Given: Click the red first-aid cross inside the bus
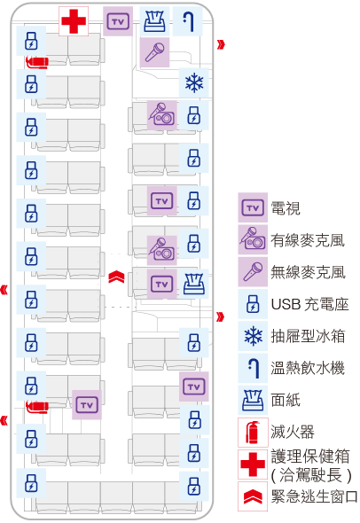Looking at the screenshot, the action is point(74,21).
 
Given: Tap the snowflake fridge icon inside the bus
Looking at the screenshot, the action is point(194,82).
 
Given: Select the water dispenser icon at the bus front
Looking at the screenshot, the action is point(188,21).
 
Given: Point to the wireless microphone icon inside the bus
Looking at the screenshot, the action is point(154,52).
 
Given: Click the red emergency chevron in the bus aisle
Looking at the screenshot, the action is point(116,277).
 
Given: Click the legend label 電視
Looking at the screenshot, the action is point(286,208).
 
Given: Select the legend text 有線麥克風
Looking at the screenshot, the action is point(308,240).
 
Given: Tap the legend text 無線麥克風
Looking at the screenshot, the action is point(308,272).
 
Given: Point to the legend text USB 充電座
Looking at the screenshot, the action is point(310,304).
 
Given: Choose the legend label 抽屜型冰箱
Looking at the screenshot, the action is point(308,336).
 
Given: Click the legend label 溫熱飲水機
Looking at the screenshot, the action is point(308,368).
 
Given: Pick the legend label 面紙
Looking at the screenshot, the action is point(286,400).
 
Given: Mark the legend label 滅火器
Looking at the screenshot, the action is point(293,432).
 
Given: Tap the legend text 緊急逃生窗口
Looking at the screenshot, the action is point(314,496).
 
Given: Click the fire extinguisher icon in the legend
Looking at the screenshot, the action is point(253,433).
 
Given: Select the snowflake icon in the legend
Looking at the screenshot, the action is point(253,336).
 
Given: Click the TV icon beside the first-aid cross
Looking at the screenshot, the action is point(118,21).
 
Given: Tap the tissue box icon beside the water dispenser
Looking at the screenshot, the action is point(154,21).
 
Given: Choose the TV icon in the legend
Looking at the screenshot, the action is point(253,208).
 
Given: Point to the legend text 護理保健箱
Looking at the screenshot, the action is point(310,457).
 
